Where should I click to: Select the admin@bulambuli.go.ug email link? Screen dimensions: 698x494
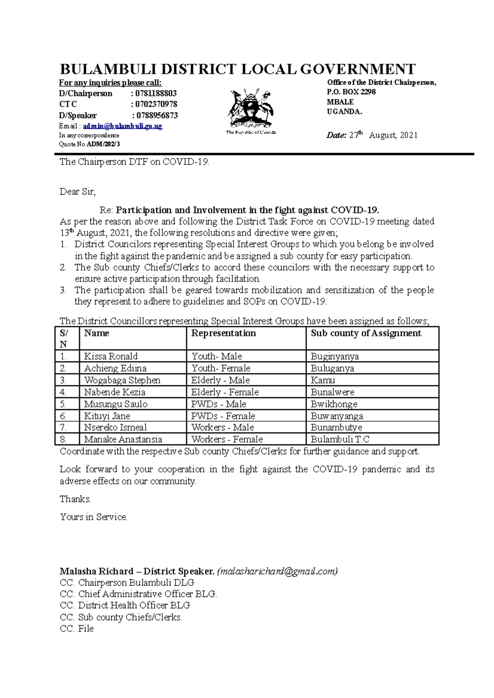[x=123, y=126]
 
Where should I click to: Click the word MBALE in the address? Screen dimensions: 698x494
[x=340, y=102]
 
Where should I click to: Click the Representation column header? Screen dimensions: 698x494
[x=224, y=333]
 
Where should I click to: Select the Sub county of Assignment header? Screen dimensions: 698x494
[x=366, y=333]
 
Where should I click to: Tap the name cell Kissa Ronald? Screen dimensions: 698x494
[x=111, y=356]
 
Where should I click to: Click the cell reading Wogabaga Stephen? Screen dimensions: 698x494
[x=122, y=380]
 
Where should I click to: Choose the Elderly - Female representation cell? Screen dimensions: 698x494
[x=225, y=392]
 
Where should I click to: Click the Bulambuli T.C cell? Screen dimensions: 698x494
[x=340, y=439]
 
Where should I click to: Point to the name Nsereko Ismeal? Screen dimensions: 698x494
[x=115, y=428]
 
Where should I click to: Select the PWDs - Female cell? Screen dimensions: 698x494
[x=223, y=416]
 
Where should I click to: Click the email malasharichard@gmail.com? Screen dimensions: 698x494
[x=277, y=571]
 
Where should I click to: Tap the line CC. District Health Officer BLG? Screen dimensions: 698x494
[x=125, y=606]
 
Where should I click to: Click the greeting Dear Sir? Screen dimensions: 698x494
[x=77, y=192]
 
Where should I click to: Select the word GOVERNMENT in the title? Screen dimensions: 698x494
[x=357, y=69]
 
